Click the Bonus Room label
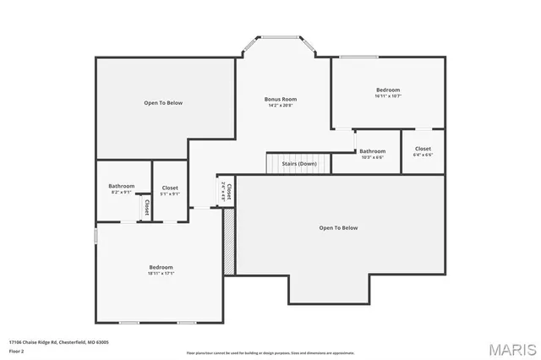coord(281,99)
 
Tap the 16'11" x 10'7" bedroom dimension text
coord(388,96)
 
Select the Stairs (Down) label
coord(299,163)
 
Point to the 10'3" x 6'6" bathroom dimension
coord(372,157)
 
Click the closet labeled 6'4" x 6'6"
coord(423,155)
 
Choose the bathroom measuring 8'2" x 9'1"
coord(122,193)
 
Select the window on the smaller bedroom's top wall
coord(358,57)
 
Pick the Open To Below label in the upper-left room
coord(163,103)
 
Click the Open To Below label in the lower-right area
coord(338,227)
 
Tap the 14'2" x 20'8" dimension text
coord(281,106)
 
